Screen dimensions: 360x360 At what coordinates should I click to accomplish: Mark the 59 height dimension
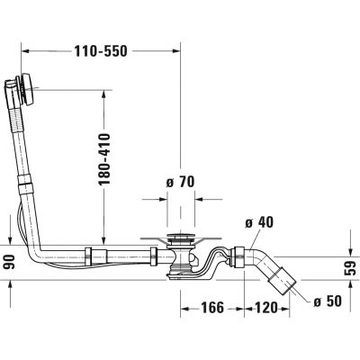350,266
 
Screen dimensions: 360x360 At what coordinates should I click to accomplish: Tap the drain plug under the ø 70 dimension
181,239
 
